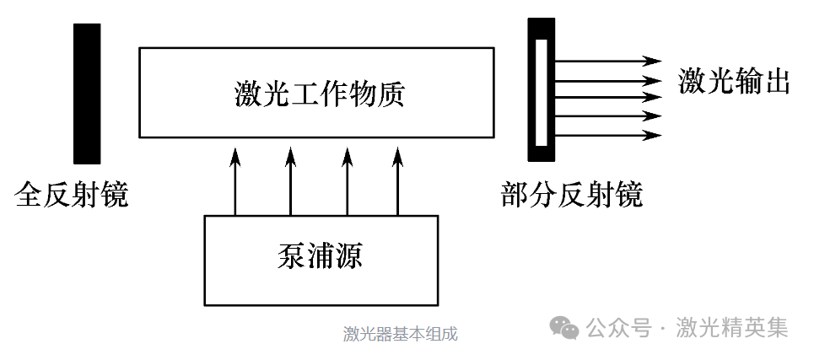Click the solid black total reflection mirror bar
click(x=87, y=93)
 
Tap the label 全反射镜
click(x=72, y=196)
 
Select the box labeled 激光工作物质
click(x=316, y=92)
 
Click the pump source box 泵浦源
click(x=321, y=260)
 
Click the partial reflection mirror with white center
click(x=542, y=89)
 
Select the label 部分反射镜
click(x=571, y=196)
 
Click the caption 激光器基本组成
click(x=400, y=334)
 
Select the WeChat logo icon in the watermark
click(x=564, y=328)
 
